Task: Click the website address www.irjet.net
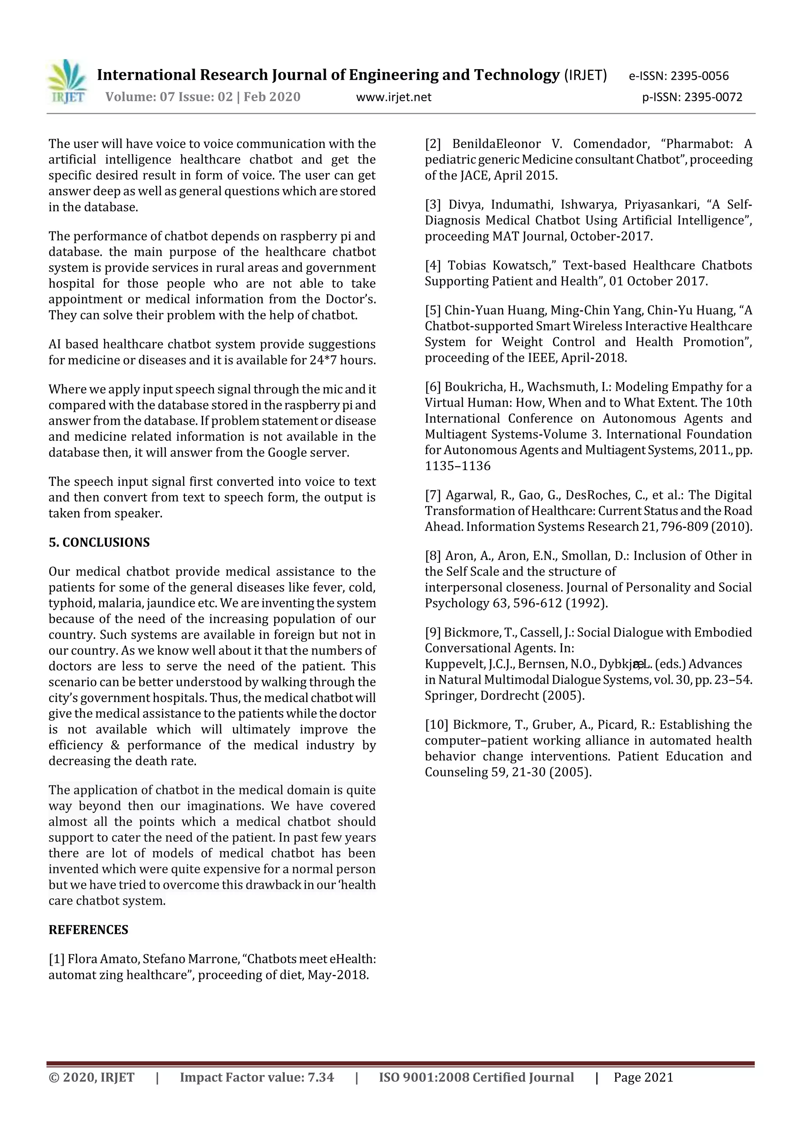[x=393, y=97]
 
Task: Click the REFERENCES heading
[x=88, y=930]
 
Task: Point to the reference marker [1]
[x=56, y=959]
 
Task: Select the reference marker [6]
[x=433, y=387]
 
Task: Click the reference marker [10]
[x=436, y=724]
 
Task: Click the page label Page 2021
[x=643, y=1077]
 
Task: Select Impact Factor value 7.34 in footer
[x=257, y=1077]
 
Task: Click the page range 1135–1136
[x=458, y=466]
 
